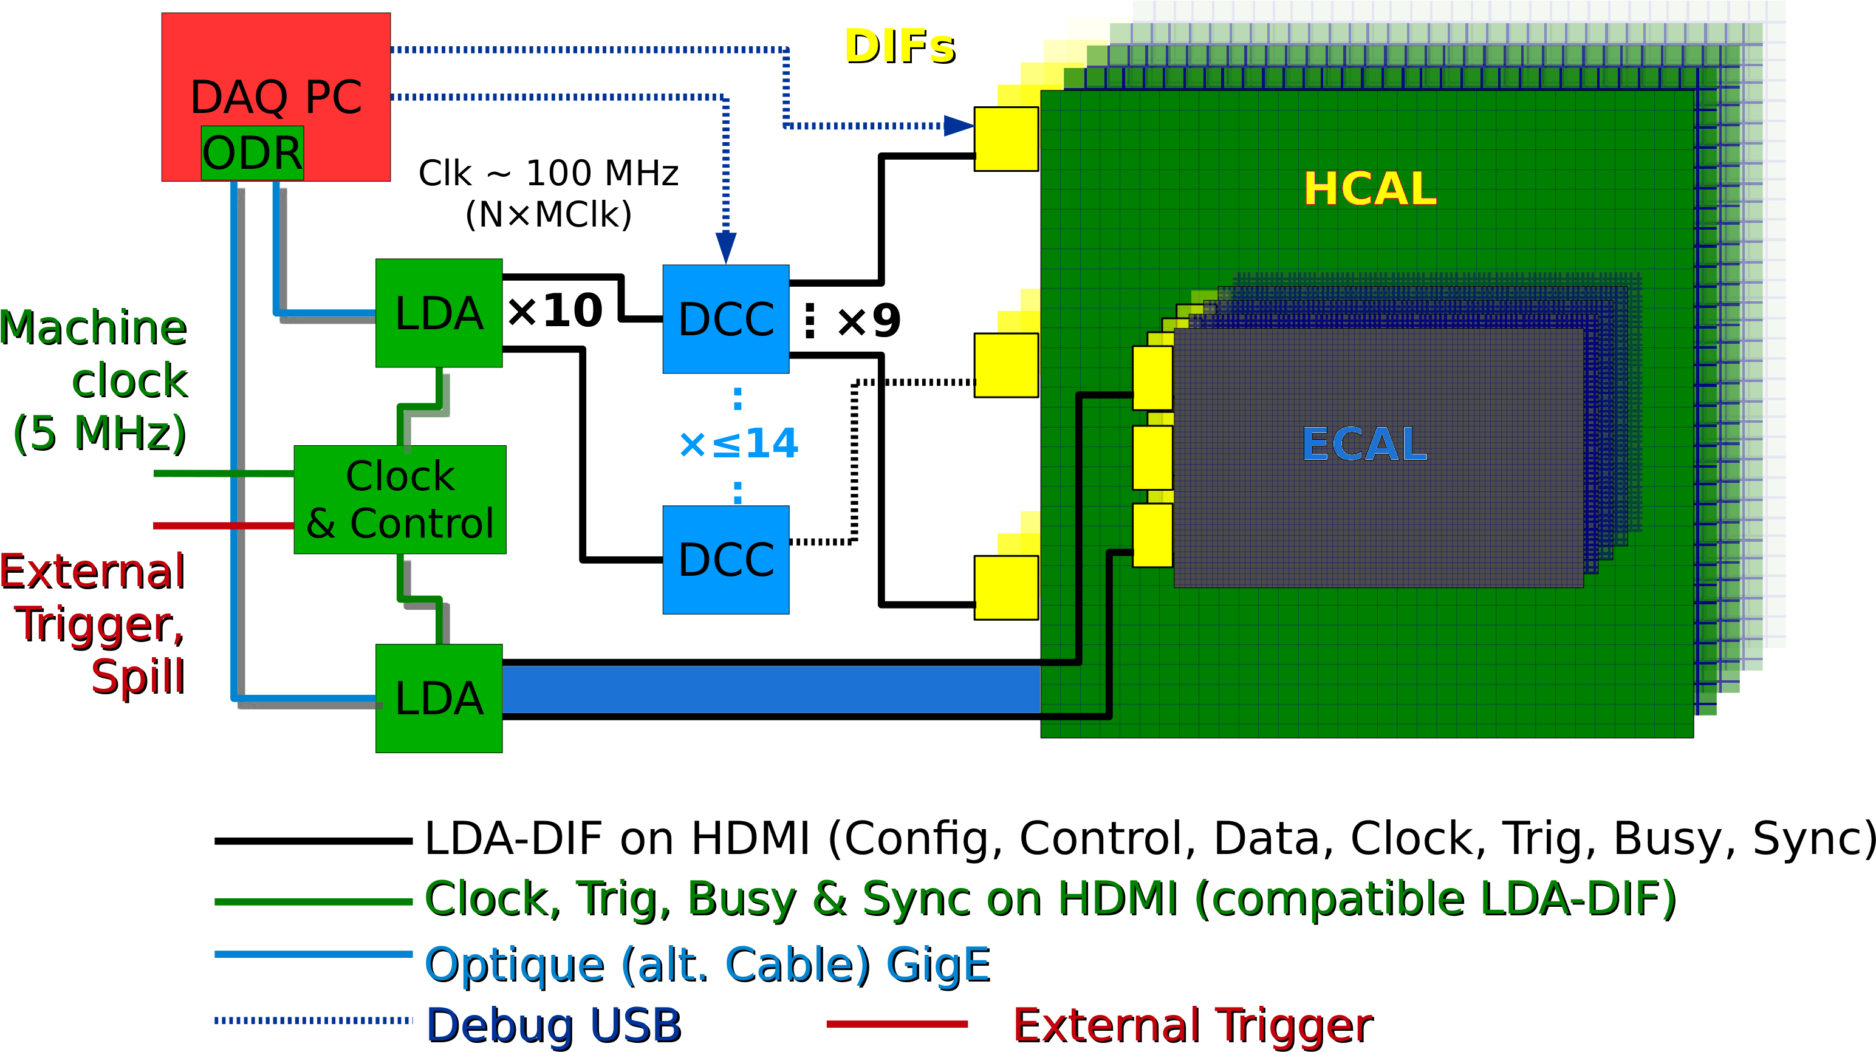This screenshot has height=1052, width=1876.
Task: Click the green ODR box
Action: coord(252,153)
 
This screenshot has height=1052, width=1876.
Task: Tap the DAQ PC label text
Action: coord(276,97)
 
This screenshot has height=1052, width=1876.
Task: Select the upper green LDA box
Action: coord(439,313)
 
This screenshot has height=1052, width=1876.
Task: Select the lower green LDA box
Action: coord(439,698)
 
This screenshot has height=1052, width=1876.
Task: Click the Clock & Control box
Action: coord(400,499)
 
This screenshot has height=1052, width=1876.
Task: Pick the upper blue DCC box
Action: coord(726,319)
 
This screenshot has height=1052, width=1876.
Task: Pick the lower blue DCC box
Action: coord(726,560)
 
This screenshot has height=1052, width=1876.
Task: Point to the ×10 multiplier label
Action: coord(555,311)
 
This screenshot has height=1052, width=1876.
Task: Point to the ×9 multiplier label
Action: coord(869,320)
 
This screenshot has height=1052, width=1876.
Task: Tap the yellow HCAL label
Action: coord(1370,188)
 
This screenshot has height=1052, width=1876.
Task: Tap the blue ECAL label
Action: coord(1364,444)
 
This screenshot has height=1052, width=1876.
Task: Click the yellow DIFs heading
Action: coord(900,47)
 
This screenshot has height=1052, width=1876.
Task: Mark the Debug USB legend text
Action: coord(554,1025)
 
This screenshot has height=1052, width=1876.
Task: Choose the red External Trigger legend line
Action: coord(897,1023)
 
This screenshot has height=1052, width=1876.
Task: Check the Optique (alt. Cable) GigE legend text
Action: coord(708,965)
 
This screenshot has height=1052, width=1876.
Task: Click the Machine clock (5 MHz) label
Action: coord(95,380)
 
